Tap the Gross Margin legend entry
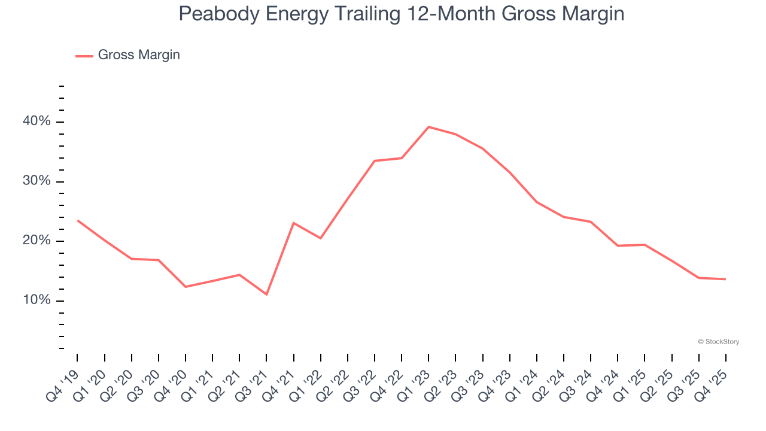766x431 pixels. point(138,55)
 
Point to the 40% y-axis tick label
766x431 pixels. point(37,122)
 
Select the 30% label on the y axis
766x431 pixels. point(37,181)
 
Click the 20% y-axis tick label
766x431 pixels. point(37,241)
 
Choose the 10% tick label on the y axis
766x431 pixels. point(37,300)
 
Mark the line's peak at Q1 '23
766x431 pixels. point(428,127)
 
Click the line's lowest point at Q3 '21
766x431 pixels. point(266,295)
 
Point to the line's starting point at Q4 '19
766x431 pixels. point(77,220)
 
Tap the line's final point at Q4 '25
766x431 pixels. point(726,279)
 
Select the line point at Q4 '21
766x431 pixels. point(293,223)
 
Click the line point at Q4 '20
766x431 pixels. point(186,287)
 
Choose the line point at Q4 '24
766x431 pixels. point(618,245)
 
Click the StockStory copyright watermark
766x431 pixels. point(718,342)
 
